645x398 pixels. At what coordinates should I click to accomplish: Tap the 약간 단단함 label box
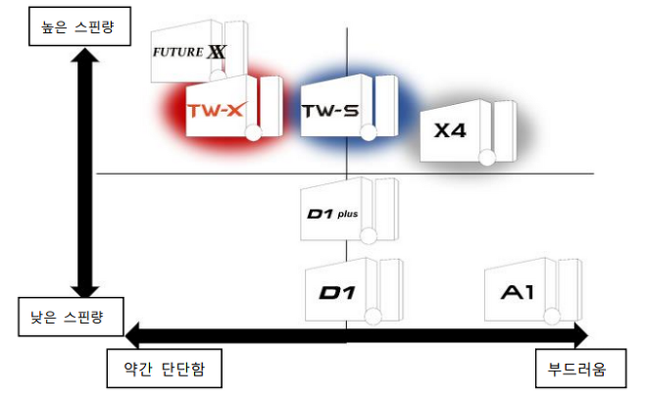(164, 370)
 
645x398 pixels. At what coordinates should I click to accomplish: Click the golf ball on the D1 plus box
(370, 233)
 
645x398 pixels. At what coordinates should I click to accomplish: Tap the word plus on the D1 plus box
(348, 212)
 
